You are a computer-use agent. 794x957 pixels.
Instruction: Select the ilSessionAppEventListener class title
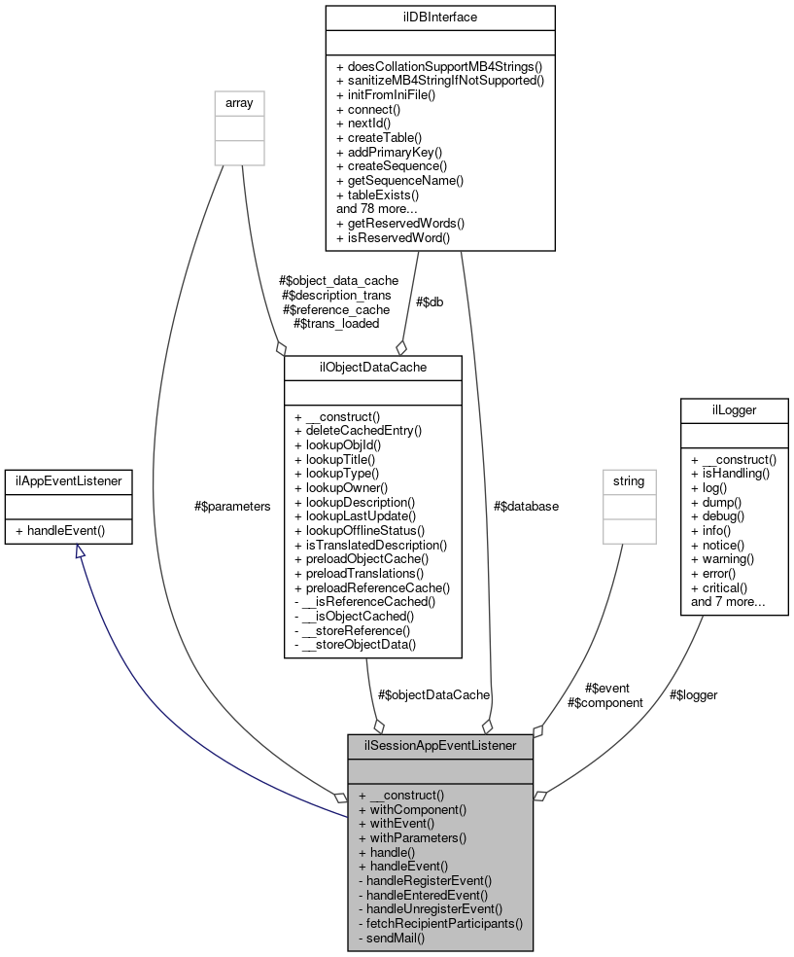pos(440,746)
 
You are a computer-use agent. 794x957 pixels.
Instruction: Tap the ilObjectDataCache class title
pos(372,366)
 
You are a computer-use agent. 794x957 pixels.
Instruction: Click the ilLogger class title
pos(735,409)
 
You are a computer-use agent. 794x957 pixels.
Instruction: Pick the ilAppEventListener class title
pos(68,479)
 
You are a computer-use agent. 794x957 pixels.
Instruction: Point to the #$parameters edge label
pos(232,506)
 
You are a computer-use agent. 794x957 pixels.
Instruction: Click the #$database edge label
pos(526,506)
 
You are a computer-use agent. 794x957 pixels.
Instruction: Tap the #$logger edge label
pos(693,694)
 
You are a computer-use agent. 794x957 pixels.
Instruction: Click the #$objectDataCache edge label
pos(433,694)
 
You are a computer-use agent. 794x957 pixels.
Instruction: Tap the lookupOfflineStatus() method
pos(359,530)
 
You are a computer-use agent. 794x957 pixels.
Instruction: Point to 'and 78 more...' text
pos(377,208)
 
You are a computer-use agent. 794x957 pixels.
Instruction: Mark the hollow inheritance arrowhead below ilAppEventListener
pos(79,551)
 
